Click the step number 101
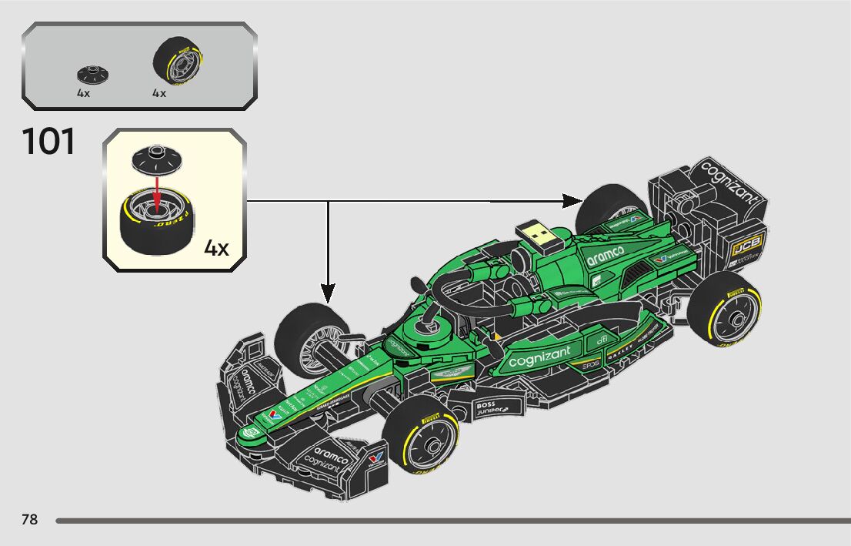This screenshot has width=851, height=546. (x=49, y=142)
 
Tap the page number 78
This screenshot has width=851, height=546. (x=30, y=520)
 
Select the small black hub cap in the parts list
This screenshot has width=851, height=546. (x=92, y=74)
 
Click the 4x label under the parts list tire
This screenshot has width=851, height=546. (x=159, y=93)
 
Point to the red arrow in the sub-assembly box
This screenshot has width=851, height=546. (x=156, y=192)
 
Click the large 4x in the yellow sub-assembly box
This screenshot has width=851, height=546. (x=216, y=248)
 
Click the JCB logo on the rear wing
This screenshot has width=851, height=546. (x=746, y=246)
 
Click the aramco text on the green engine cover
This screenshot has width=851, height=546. (x=607, y=256)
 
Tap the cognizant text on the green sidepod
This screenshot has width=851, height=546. (x=540, y=356)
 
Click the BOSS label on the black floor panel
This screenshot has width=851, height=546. (x=486, y=405)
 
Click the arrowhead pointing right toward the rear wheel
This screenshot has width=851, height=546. (x=572, y=201)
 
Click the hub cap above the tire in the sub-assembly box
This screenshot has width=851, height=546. (x=156, y=159)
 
